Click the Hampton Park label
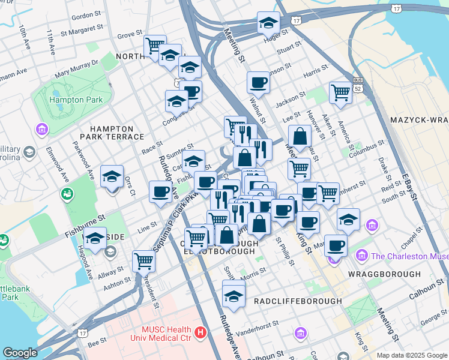76,100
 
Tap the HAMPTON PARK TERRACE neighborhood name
111,133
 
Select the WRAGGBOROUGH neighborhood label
384,274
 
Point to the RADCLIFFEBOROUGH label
298,301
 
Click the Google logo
20,353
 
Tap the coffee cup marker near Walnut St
259,82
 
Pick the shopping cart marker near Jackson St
340,92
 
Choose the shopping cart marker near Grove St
155,44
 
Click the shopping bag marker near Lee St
300,136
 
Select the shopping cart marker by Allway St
144,260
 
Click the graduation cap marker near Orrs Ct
112,176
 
